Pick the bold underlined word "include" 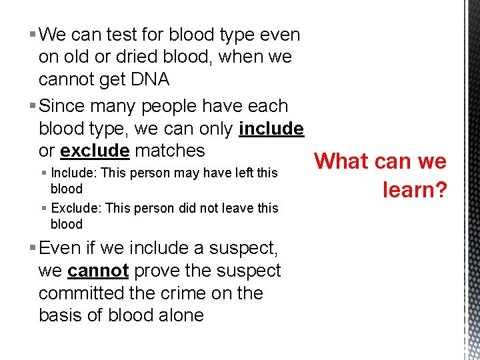271,129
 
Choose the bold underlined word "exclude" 94,151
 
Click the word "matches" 169,151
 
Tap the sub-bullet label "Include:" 72,173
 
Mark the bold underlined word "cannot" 98,271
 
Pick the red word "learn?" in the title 414,190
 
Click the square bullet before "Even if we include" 33,249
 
